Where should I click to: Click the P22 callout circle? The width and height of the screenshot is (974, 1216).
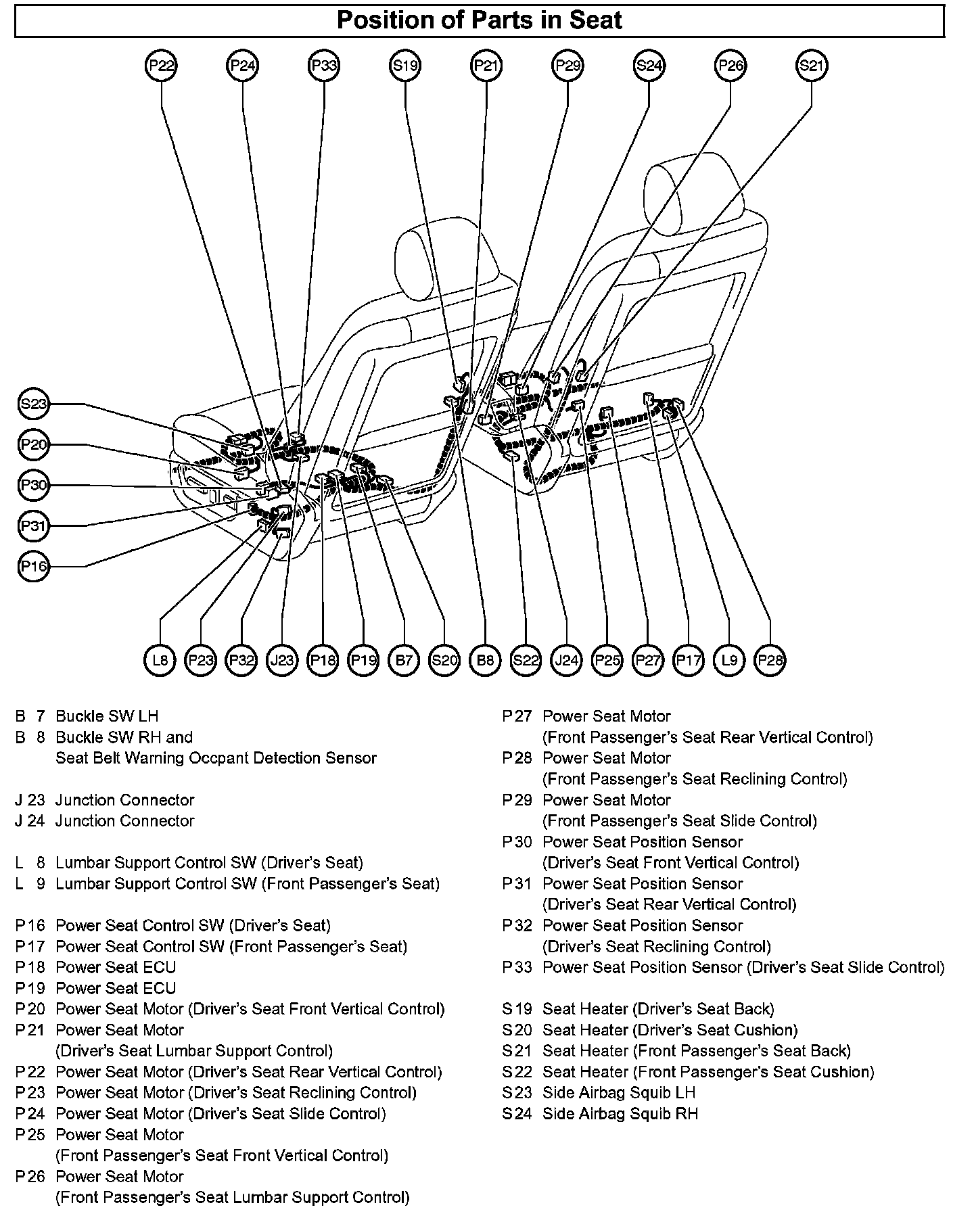click(162, 66)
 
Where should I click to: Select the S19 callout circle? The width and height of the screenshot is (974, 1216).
click(405, 66)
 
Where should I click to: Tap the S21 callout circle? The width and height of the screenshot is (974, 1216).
click(811, 66)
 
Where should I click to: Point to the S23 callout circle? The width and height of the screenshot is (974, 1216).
click(33, 404)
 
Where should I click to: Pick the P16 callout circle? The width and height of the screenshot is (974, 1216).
click(33, 566)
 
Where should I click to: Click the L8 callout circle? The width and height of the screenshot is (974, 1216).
click(160, 659)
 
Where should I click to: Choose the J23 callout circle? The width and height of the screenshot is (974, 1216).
click(282, 659)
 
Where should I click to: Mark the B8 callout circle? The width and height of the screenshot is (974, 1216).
click(485, 659)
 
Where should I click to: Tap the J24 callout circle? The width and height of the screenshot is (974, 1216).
click(566, 659)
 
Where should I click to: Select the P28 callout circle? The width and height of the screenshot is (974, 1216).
click(770, 659)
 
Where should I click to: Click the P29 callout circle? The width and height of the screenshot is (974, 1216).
click(567, 66)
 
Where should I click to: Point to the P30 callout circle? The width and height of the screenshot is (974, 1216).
click(33, 486)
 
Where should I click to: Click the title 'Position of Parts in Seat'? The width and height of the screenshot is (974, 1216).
click(479, 20)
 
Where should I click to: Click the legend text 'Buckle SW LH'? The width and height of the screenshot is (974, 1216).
click(107, 716)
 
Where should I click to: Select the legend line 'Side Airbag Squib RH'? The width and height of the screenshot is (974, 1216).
click(620, 1113)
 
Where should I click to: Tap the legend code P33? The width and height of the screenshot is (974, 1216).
click(517, 967)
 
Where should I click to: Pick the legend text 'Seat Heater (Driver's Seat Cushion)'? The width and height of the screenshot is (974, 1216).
click(670, 1030)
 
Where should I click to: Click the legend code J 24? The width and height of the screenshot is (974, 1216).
click(30, 820)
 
